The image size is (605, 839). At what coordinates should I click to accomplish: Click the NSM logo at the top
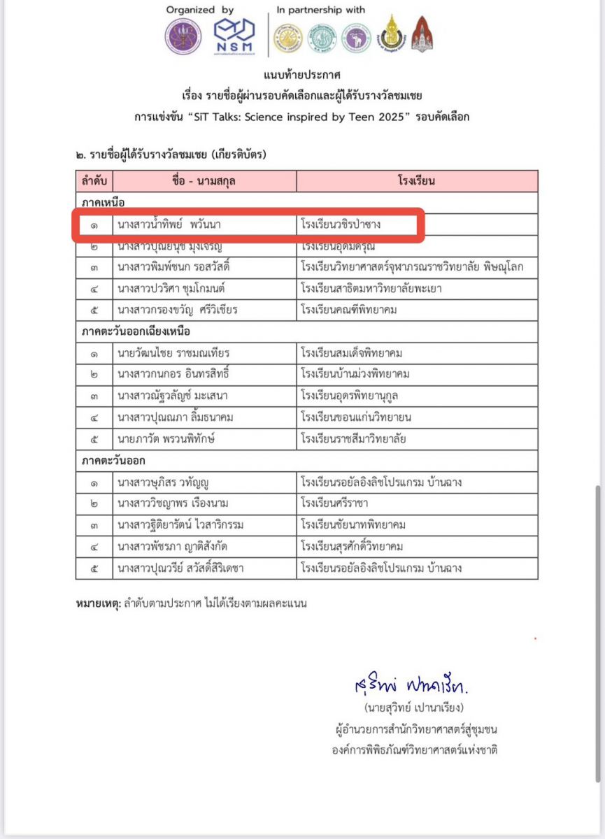pos(234,36)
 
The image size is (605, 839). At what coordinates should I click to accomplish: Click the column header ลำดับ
pos(94,181)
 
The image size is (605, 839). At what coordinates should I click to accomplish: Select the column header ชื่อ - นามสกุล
pos(204,181)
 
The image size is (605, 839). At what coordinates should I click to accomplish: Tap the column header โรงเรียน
pos(416,181)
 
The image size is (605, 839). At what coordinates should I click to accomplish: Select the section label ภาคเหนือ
pos(103,203)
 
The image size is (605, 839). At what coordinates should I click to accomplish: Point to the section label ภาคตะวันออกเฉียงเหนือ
pos(136,331)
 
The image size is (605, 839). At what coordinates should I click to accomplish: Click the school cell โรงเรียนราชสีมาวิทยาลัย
pos(353,439)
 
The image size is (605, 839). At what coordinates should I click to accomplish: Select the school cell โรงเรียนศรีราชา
pos(332,503)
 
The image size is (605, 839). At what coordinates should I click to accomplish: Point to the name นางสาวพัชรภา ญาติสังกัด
pos(175,546)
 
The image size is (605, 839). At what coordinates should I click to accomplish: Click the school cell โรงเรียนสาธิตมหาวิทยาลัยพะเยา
pos(369,289)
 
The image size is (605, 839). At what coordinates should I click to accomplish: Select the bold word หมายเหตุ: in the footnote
pos(99,602)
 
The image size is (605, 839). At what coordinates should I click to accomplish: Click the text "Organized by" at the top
pos(200,10)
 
